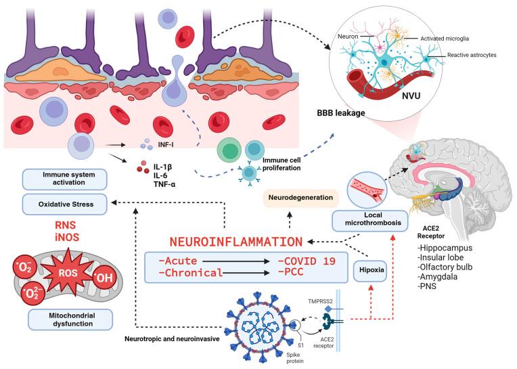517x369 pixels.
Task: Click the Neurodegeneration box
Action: (300, 198)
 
